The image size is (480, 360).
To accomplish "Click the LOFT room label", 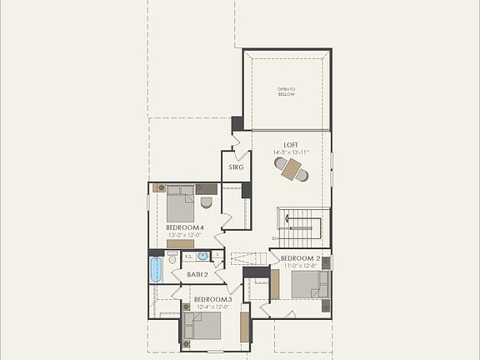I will pyautogui.click(x=290, y=145).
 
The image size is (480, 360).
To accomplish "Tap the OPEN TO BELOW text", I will pyautogui.click(x=287, y=92).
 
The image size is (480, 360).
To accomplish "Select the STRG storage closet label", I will pyautogui.click(x=236, y=167).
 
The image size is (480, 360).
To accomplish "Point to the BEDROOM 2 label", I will pyautogui.click(x=300, y=258).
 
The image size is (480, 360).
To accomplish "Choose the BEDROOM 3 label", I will pyautogui.click(x=211, y=299).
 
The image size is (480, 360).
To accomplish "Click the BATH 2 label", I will pyautogui.click(x=197, y=274).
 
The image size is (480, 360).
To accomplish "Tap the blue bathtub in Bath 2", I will pyautogui.click(x=156, y=269).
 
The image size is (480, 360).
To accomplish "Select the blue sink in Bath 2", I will pyautogui.click(x=202, y=257).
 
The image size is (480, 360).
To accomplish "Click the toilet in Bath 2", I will pyautogui.click(x=172, y=260).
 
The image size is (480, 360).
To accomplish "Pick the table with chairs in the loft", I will pyautogui.click(x=291, y=169).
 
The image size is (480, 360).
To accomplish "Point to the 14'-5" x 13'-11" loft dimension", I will pyautogui.click(x=290, y=153).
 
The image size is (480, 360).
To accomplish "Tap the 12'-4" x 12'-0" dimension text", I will pyautogui.click(x=211, y=307).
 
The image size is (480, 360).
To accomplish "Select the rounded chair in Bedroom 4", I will pyautogui.click(x=207, y=202).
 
